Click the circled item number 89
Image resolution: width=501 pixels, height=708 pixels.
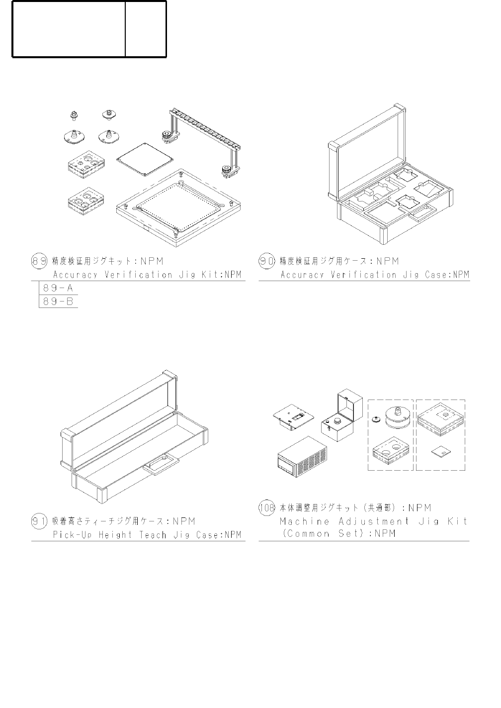click(39, 261)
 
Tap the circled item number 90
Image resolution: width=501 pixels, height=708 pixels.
click(267, 261)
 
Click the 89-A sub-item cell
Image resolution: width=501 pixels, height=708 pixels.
click(58, 288)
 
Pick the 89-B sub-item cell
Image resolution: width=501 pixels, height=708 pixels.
click(58, 302)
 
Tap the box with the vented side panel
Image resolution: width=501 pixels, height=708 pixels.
click(303, 457)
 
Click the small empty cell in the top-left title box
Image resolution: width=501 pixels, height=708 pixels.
click(146, 29)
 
